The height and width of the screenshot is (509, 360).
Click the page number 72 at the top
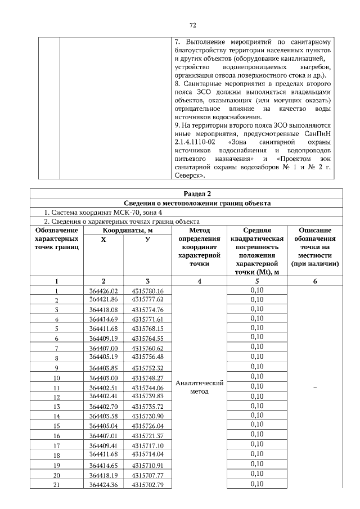(x=192, y=25)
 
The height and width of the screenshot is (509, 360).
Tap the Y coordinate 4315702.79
(x=147, y=485)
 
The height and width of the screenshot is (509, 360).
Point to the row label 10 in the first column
(x=56, y=378)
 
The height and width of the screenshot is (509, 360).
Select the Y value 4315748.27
(x=147, y=378)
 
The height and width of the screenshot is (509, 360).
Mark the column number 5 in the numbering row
(x=256, y=281)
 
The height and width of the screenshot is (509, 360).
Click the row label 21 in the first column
(x=56, y=485)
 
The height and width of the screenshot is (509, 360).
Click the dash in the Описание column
(x=314, y=388)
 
